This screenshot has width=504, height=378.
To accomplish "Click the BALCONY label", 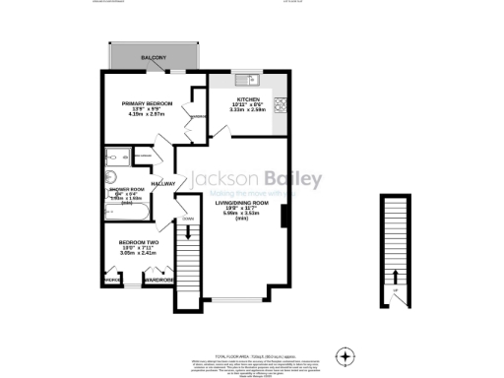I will (x=153, y=59).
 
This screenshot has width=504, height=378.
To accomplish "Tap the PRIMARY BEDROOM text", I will (x=148, y=104).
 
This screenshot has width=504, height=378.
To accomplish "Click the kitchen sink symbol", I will (x=246, y=77).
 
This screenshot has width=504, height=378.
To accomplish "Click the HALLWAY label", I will (x=162, y=184).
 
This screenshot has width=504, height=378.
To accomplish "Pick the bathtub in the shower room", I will (x=136, y=216).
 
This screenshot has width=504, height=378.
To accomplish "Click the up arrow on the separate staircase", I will (x=395, y=279).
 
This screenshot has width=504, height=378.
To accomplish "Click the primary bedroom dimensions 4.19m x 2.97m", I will (x=148, y=116).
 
